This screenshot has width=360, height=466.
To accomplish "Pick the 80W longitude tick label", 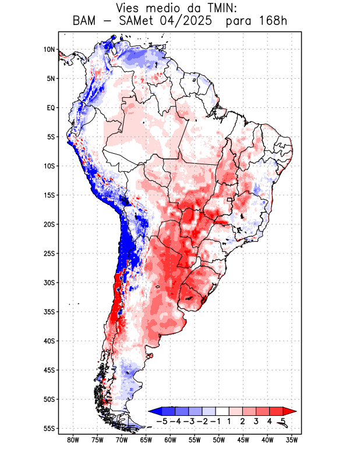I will pos(73,440).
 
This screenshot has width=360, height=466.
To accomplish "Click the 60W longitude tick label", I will pos(170,440).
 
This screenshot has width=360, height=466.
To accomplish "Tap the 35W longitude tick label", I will pos(292,440).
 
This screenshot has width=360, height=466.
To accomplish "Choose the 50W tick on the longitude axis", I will pos(218,440).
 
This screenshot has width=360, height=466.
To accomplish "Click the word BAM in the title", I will pos(86,22).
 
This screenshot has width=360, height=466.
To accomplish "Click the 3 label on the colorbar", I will pos(256,421).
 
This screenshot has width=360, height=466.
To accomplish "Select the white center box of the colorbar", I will pos(223,411).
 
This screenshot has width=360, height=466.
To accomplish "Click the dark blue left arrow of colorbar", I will pos(154,411).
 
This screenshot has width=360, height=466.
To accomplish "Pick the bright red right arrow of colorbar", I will pos(290,411).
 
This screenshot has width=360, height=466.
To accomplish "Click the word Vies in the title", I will pos(129,9).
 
